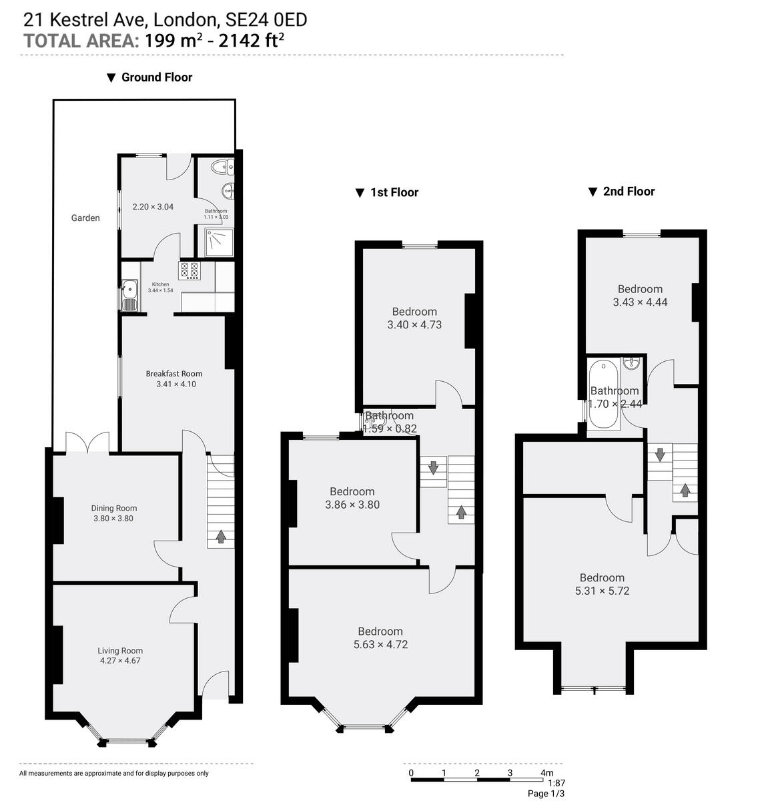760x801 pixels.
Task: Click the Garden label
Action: click(85, 218)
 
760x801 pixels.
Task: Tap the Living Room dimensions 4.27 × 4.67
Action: click(120, 661)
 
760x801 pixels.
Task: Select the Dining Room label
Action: click(113, 508)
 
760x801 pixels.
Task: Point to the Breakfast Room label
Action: click(174, 374)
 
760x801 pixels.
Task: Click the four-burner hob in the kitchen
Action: click(189, 270)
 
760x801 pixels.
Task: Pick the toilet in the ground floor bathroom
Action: click(219, 167)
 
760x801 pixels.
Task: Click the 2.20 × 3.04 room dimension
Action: click(153, 207)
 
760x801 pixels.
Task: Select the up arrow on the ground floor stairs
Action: click(220, 535)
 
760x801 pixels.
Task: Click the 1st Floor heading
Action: click(394, 192)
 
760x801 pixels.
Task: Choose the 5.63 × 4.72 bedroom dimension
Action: click(380, 645)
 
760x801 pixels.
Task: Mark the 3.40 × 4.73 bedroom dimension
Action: click(414, 325)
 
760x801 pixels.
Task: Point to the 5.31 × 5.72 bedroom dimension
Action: click(602, 591)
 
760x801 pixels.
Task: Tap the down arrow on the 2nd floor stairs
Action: click(660, 455)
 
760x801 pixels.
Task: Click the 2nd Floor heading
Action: click(629, 192)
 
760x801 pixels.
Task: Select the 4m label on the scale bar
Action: click(546, 773)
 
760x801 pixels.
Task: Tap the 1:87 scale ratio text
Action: click(556, 783)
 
